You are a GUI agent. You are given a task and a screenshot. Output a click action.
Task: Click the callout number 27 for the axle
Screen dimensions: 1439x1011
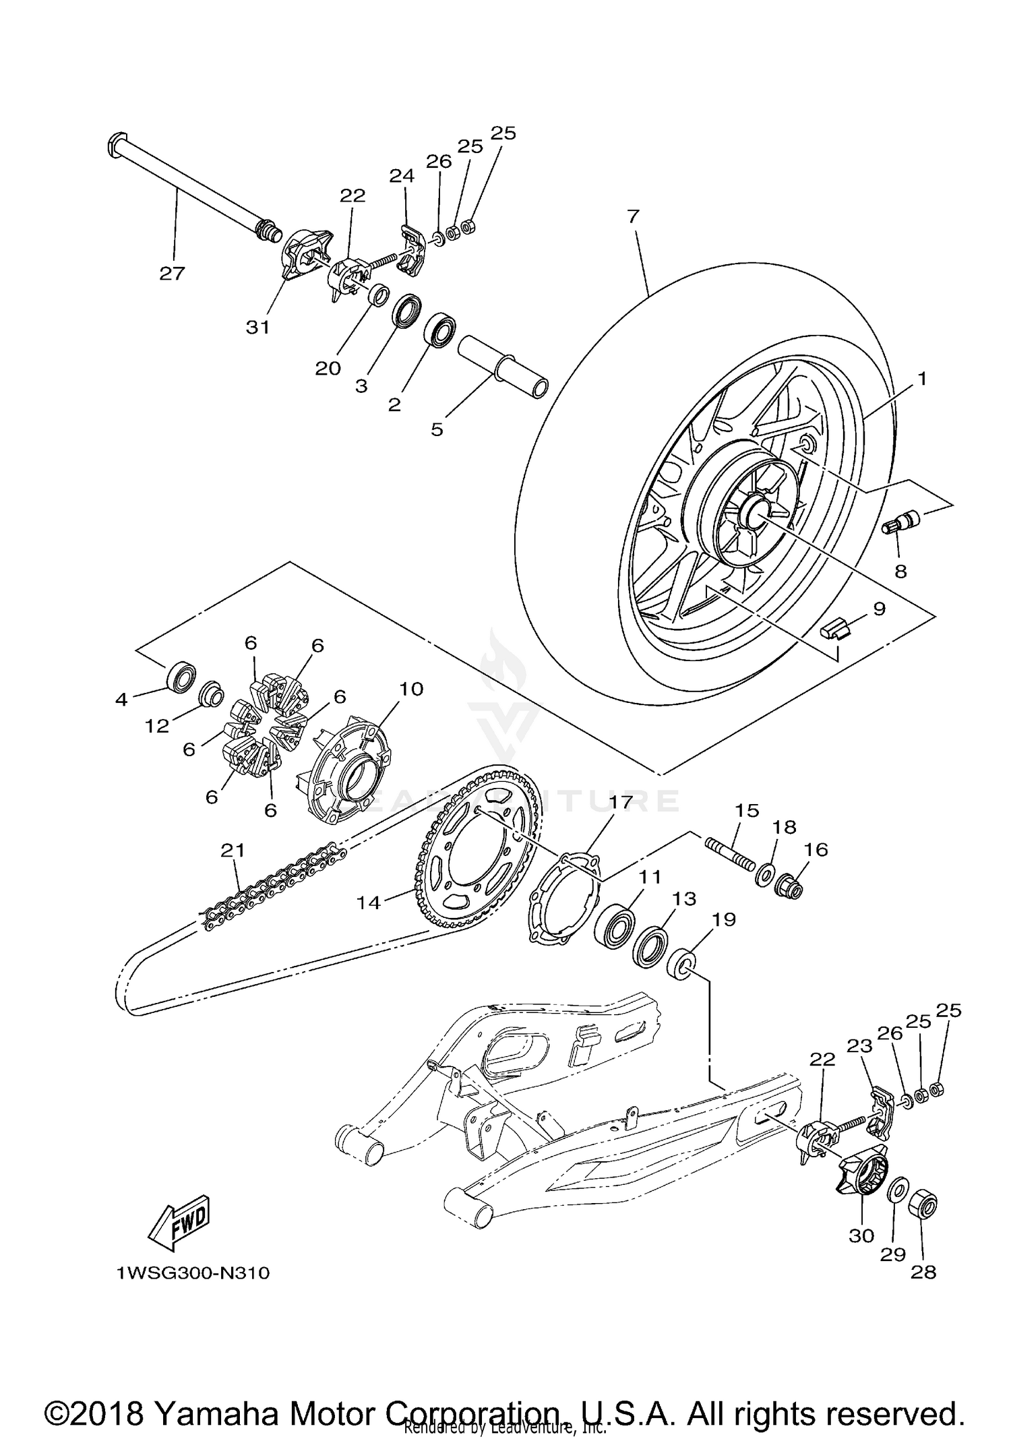click(172, 273)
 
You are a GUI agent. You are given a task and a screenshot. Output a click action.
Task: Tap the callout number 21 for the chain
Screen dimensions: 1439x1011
click(233, 851)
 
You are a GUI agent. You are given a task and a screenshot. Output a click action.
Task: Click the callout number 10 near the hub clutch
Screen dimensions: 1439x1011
click(411, 689)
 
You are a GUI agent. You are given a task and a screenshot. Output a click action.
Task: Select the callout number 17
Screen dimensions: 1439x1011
click(621, 802)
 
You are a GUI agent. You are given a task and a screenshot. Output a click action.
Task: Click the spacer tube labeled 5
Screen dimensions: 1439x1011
click(502, 368)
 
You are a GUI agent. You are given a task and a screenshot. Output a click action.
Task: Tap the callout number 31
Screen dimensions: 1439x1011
click(258, 327)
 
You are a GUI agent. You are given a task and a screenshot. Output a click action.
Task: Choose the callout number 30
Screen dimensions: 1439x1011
click(861, 1235)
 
